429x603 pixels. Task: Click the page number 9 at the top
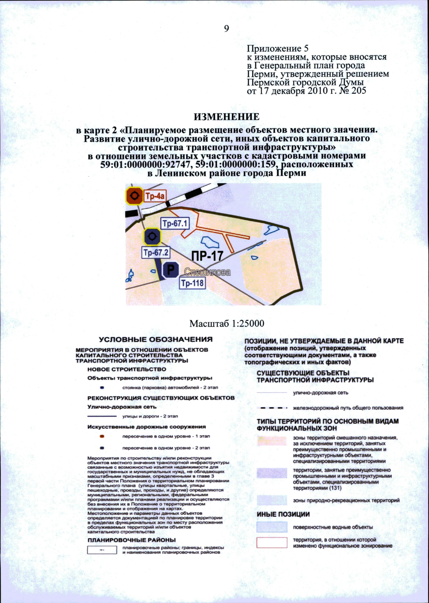pyautogui.click(x=226, y=29)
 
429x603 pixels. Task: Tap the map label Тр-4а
pyautogui.click(x=155, y=196)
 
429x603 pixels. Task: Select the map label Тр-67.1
pyautogui.click(x=175, y=224)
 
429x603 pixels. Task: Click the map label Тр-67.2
pyautogui.click(x=156, y=253)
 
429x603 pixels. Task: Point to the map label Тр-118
pyautogui.click(x=192, y=283)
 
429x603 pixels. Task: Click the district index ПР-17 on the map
pyautogui.click(x=207, y=256)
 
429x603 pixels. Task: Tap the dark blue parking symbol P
pyautogui.click(x=171, y=270)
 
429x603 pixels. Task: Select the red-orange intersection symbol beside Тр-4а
pyautogui.click(x=134, y=196)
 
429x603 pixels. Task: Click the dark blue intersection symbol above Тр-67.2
pyautogui.click(x=152, y=236)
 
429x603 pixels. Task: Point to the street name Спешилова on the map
pyautogui.click(x=207, y=272)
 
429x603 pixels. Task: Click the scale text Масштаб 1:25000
pyautogui.click(x=227, y=324)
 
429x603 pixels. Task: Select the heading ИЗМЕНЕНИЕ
pyautogui.click(x=227, y=117)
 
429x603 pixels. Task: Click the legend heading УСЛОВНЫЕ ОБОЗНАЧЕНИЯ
pyautogui.click(x=156, y=339)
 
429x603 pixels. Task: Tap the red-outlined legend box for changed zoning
pyautogui.click(x=272, y=543)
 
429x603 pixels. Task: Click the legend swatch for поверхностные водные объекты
pyautogui.click(x=272, y=527)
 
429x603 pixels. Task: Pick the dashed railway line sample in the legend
pyautogui.click(x=272, y=408)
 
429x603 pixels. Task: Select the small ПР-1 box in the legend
pyautogui.click(x=102, y=550)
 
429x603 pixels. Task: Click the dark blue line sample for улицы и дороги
pyautogui.click(x=102, y=416)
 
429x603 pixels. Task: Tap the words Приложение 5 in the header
pyautogui.click(x=277, y=48)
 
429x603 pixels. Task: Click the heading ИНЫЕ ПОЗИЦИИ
pyautogui.click(x=283, y=514)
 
